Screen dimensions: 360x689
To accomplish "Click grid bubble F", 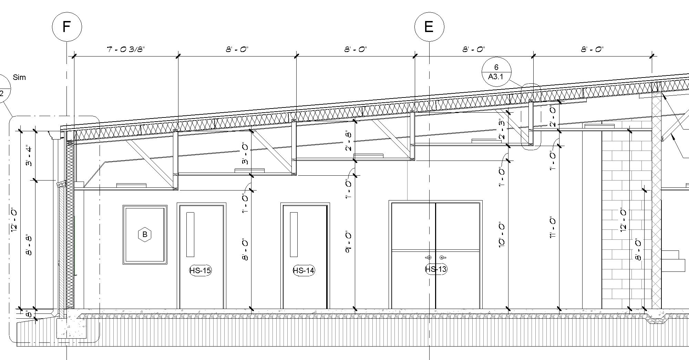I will (67, 27).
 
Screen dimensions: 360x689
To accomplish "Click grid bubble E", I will (429, 27).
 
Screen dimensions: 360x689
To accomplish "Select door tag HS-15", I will (200, 270).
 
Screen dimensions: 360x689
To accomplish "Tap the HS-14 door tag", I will (304, 270).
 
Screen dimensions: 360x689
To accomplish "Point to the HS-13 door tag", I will (436, 269).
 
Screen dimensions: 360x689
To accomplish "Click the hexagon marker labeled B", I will (145, 235).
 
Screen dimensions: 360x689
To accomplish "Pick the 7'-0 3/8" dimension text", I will (126, 49).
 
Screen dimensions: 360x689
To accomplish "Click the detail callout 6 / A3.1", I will (496, 72).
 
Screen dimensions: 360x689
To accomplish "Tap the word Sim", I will (19, 78).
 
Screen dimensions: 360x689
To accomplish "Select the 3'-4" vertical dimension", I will (29, 156).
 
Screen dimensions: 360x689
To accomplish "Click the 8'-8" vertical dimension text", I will (29, 245).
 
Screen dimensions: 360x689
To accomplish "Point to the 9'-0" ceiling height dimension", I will (348, 243).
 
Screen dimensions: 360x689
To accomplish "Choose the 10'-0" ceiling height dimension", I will (502, 235).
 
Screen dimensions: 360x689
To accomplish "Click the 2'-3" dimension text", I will (502, 129).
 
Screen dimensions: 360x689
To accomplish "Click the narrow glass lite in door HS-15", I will (190, 235).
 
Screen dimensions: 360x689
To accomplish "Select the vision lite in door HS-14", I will (294, 235).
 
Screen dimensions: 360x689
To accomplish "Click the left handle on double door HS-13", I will (429, 258).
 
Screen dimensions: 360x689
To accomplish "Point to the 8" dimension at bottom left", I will (29, 314).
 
